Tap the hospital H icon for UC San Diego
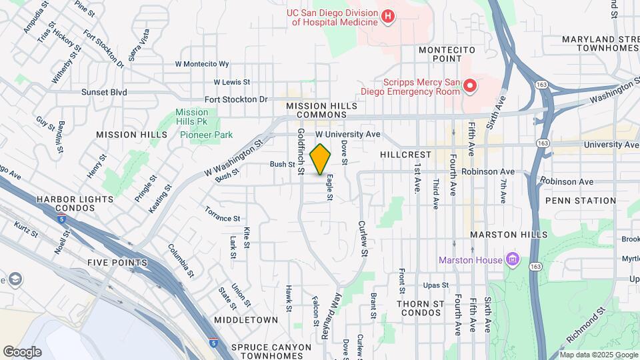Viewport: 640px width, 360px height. tap(388, 16)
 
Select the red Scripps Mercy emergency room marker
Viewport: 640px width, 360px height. tap(470, 85)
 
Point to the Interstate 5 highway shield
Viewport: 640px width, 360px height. tap(213, 342)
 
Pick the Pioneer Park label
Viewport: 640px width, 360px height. tap(206, 135)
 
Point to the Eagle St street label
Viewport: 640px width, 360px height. tap(329, 187)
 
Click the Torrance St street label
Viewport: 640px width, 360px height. tap(222, 218)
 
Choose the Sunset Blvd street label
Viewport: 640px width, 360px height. tap(104, 92)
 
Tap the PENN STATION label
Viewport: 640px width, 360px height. tap(580, 200)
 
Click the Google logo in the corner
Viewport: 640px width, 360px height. tap(22, 351)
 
